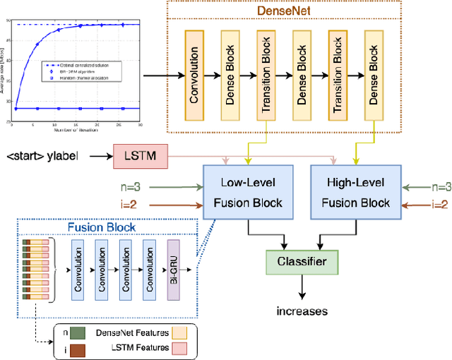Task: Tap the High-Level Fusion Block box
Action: pyautogui.click(x=355, y=193)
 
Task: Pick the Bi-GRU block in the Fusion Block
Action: pyautogui.click(x=174, y=270)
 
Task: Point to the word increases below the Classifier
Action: pyautogui.click(x=302, y=311)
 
